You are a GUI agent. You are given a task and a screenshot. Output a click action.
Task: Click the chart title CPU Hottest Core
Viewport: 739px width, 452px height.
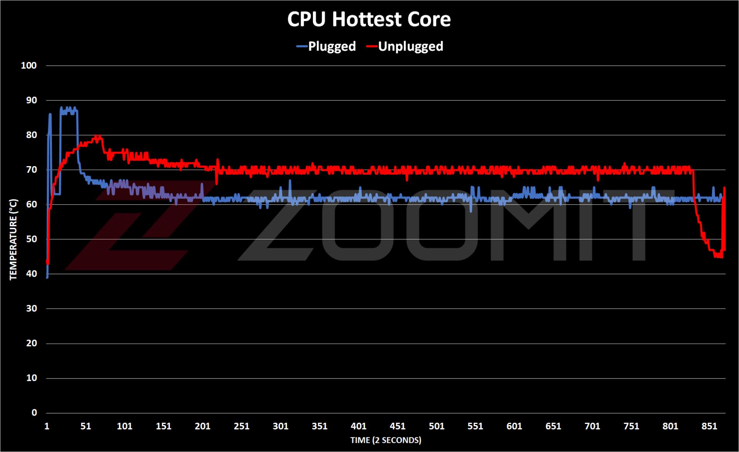pos(369,20)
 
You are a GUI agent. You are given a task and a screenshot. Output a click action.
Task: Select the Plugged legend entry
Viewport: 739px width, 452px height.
pos(326,47)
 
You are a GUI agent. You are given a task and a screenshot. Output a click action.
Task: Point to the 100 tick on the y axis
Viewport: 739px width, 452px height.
pos(29,65)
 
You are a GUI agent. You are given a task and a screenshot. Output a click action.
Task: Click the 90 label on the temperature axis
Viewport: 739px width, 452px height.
pos(31,100)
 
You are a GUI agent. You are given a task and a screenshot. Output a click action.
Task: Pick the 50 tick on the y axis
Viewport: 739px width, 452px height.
pos(31,239)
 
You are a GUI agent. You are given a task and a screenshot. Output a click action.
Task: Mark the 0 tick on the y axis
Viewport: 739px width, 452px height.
pos(35,413)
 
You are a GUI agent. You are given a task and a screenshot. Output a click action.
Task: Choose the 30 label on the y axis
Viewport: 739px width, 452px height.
pos(31,309)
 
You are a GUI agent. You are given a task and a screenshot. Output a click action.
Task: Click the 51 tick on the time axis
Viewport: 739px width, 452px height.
pos(85,426)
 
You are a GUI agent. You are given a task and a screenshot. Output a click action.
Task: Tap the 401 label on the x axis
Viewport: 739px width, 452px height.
pos(358,426)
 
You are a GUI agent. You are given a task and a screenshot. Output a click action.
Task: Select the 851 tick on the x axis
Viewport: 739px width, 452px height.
pos(709,426)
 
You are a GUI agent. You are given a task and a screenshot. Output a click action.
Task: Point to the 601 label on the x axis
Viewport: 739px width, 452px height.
pos(514,426)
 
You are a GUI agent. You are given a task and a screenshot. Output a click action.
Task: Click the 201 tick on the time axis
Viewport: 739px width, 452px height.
pos(202,426)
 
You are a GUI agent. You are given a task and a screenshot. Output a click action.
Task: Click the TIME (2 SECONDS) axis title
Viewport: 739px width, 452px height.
pos(386,440)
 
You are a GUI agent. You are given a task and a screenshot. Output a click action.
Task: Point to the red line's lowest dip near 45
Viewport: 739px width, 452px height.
pos(718,256)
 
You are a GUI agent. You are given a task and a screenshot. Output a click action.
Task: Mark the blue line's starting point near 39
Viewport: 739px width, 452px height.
pos(47,277)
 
